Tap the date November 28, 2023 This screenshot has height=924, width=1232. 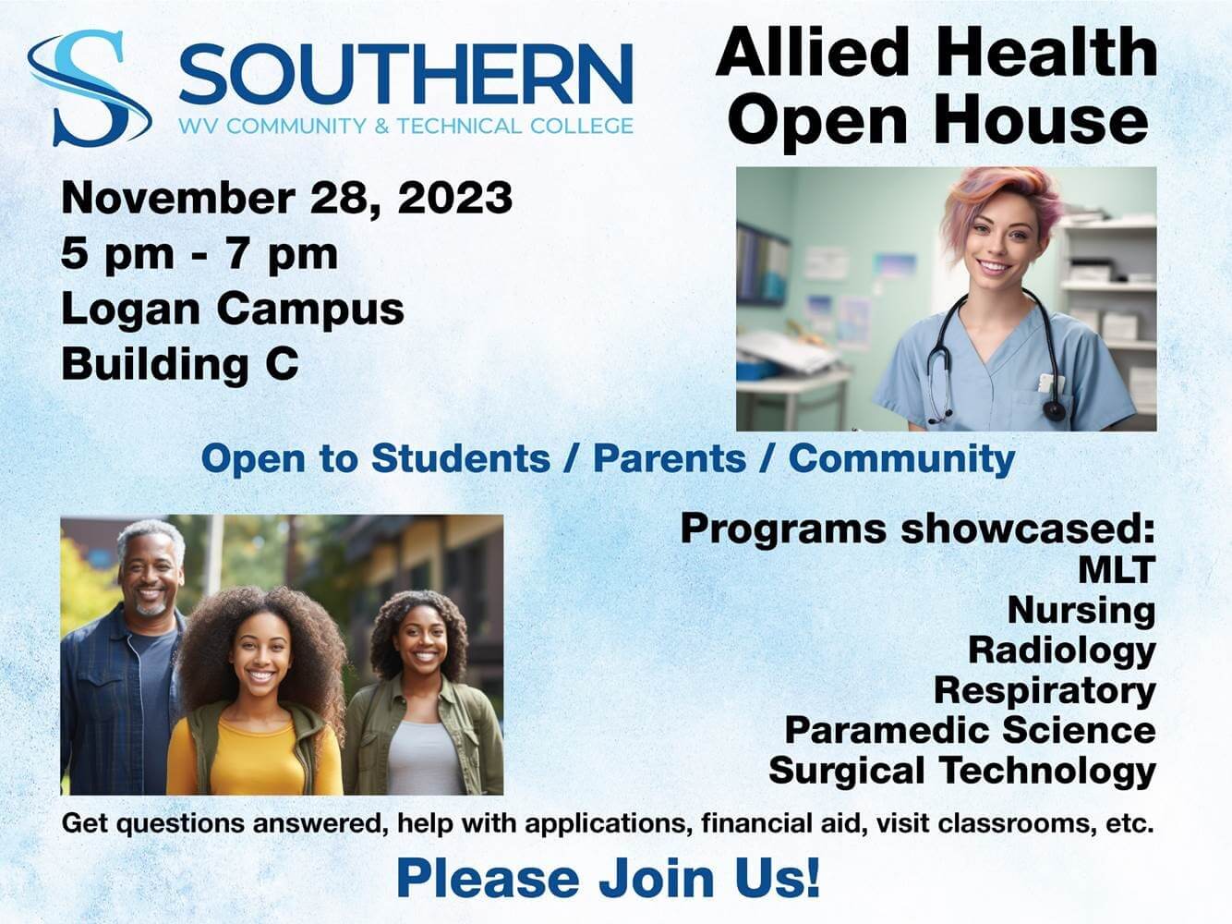(286, 198)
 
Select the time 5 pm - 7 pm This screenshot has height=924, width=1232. (199, 253)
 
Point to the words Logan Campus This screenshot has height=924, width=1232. (233, 309)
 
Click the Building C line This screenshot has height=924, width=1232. (180, 363)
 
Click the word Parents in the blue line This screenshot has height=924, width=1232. (669, 458)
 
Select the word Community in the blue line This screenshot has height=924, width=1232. (901, 458)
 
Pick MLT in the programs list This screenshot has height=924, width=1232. (1117, 569)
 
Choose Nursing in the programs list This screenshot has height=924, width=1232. (1081, 610)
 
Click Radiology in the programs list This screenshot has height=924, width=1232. (1061, 650)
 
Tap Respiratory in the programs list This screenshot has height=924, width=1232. (1045, 690)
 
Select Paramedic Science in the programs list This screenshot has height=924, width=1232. (970, 730)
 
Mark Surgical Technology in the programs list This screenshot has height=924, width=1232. (961, 771)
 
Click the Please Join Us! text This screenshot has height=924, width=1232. (608, 878)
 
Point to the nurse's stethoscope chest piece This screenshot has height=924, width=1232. (1054, 409)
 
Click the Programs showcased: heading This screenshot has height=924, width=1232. (918, 529)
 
